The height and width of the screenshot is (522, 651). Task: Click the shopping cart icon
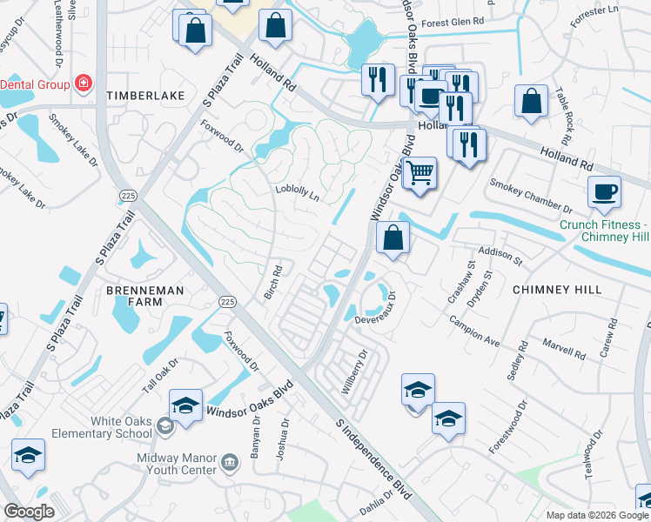pos(419,173)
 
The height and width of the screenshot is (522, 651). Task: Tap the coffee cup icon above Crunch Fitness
pos(604,192)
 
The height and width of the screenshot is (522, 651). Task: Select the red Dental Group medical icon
pos(84,84)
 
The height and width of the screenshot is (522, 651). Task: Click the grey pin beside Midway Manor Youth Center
pos(230,460)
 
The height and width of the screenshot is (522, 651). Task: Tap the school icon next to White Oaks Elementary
pos(185,406)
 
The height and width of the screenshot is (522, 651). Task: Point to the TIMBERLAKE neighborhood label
pos(145,95)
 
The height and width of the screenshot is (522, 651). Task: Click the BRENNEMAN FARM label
pos(134,295)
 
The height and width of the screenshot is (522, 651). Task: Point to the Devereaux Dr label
pos(375,319)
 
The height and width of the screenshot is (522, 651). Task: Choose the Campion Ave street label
pos(473,330)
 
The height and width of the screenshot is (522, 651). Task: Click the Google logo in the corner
pos(30,512)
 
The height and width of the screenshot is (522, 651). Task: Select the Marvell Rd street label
pos(567,350)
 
